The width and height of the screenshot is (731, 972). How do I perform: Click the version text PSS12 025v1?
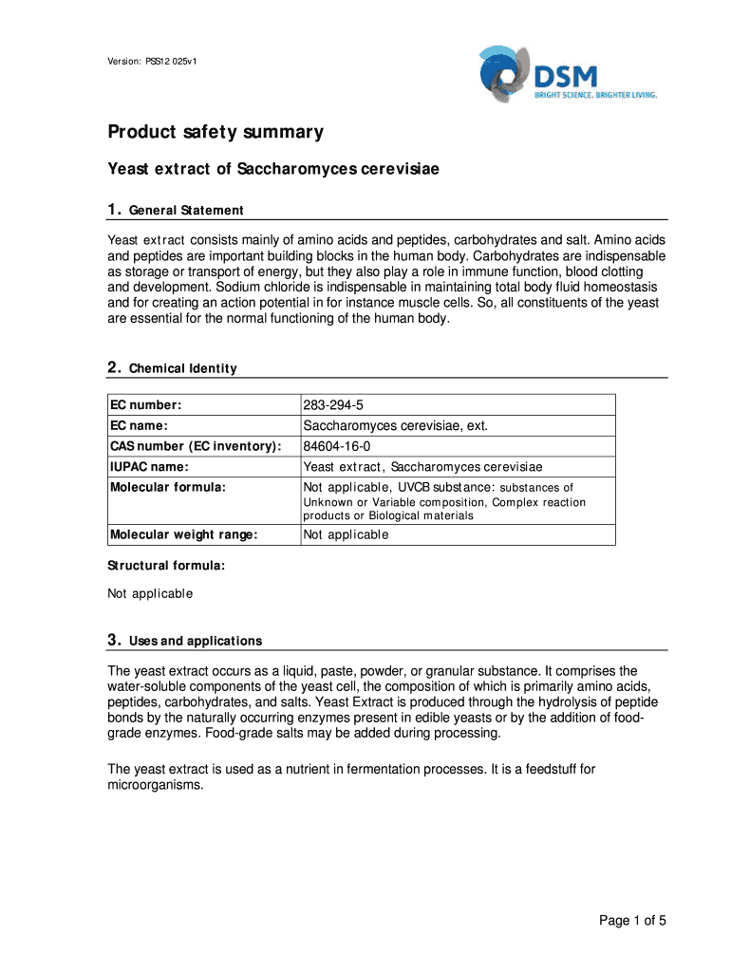click(x=152, y=62)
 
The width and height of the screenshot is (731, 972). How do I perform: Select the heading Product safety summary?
click(x=215, y=132)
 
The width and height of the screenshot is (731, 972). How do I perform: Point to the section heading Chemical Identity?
click(x=182, y=368)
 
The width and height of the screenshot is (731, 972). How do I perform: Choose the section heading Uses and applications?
click(x=196, y=641)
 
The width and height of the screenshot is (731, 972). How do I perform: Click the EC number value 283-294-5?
click(x=333, y=405)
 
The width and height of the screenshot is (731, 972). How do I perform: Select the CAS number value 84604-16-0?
click(x=337, y=446)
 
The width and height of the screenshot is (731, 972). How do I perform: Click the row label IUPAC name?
click(x=149, y=467)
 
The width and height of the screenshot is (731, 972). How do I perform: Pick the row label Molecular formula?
click(x=168, y=487)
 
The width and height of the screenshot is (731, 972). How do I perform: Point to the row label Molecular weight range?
click(x=183, y=534)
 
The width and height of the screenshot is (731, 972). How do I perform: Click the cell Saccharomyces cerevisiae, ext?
click(x=395, y=426)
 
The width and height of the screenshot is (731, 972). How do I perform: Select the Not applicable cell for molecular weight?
click(x=346, y=534)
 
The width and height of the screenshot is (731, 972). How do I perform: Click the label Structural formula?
click(x=165, y=566)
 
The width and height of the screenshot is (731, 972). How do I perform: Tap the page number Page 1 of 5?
click(x=632, y=920)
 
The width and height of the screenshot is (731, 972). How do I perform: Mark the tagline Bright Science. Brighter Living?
click(x=595, y=95)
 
